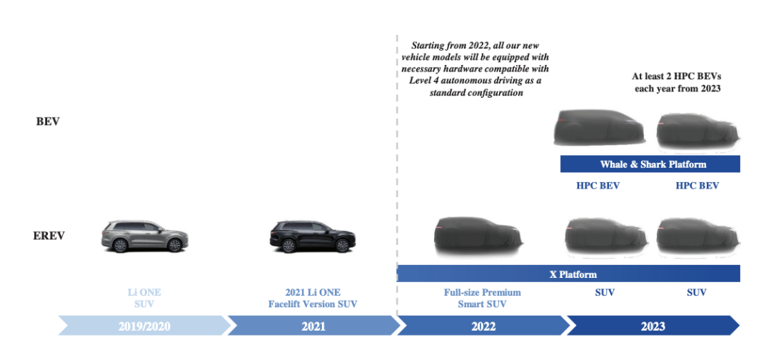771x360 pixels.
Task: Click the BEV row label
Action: [48, 121]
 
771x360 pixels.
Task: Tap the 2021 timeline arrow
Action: [313, 326]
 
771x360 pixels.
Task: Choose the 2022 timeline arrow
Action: [483, 326]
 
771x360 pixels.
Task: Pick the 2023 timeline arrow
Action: [652, 326]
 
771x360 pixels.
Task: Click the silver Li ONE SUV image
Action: [145, 235]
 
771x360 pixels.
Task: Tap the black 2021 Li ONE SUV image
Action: [313, 235]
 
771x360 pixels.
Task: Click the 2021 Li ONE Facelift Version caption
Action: [313, 298]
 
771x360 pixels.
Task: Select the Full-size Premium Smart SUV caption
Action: [482, 298]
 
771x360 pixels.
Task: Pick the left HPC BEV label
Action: [598, 186]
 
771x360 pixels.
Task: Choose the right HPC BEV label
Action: [697, 186]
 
